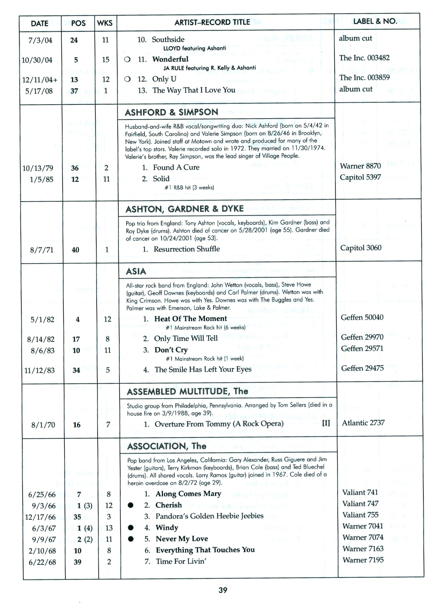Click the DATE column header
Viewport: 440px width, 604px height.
39,23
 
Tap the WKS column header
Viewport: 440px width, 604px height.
105,23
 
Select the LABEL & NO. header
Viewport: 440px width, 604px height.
375,21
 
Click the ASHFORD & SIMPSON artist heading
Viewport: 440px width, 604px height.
171,112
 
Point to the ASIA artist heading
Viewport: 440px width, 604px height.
136,271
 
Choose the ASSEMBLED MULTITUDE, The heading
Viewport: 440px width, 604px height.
187,391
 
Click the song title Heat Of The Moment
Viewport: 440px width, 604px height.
190,319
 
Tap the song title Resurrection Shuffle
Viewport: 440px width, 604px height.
187,249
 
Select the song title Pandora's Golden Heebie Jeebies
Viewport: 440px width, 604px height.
209,516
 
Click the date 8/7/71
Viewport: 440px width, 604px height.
42,250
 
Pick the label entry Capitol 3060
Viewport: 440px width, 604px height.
361,248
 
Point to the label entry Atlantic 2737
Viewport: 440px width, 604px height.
363,423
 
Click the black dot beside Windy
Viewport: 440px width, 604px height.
131,528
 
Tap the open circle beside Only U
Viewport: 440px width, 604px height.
127,79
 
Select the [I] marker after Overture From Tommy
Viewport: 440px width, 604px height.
326,423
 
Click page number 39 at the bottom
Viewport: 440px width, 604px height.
223,590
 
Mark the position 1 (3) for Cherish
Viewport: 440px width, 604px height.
85,506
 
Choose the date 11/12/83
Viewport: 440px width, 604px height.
39,370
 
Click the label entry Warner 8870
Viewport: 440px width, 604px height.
360,166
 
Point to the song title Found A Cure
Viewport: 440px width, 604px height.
176,167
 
